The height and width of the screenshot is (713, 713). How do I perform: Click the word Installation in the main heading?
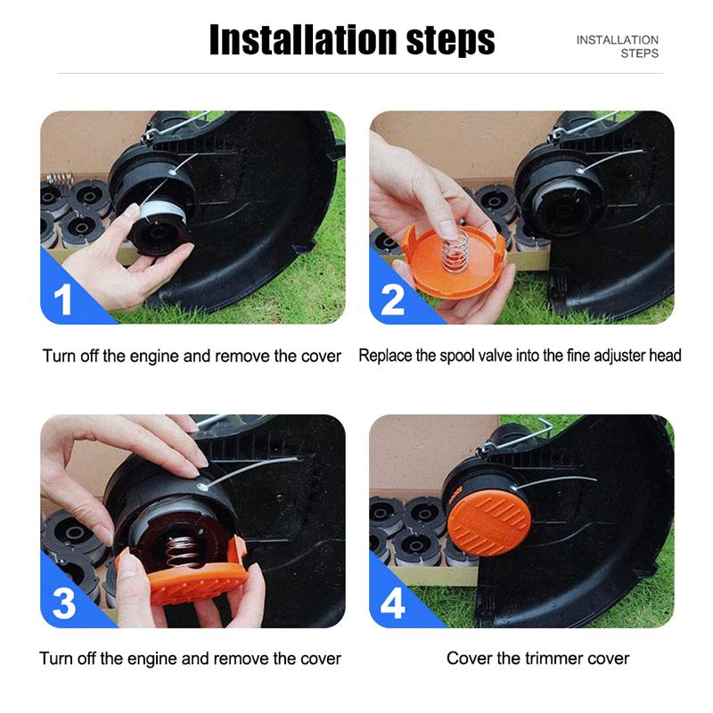click(303, 40)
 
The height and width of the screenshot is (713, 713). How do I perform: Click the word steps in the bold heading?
click(450, 42)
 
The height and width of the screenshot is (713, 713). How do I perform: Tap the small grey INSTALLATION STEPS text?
click(617, 46)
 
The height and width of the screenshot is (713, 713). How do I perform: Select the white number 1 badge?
click(62, 299)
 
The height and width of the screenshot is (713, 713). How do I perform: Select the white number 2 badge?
click(392, 299)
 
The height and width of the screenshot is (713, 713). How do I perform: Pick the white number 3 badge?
click(63, 603)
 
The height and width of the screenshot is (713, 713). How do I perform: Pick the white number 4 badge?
click(392, 603)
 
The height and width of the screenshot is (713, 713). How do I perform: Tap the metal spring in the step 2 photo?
click(455, 250)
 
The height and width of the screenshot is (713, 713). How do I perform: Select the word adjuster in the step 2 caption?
click(619, 356)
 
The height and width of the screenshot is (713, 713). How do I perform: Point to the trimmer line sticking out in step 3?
click(250, 472)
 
